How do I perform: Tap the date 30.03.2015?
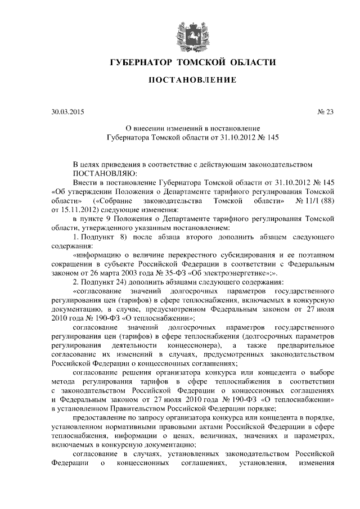(67, 111)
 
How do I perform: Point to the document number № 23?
(326, 111)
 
